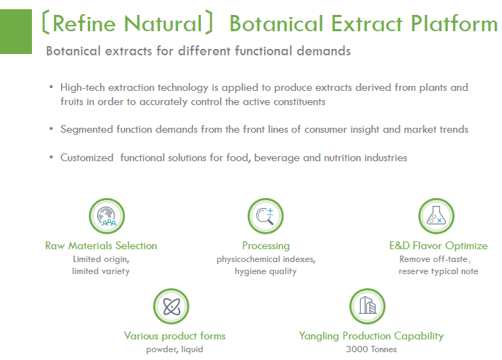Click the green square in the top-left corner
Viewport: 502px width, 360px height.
[x=16, y=27]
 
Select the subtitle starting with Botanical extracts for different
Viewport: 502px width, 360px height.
[x=198, y=52]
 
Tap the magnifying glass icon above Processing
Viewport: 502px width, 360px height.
[x=266, y=215]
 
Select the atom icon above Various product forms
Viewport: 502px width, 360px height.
[x=171, y=306]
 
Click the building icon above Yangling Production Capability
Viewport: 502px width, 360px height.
[x=367, y=306]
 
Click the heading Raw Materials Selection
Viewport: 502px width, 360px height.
[x=101, y=246]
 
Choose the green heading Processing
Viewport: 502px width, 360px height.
[x=266, y=246]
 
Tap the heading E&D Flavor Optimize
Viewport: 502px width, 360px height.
[x=438, y=246]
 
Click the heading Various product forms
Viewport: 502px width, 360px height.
[x=175, y=336]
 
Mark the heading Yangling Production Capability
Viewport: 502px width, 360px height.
[x=371, y=336]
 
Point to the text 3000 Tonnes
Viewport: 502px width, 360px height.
[x=371, y=349]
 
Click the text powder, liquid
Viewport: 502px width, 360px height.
[x=175, y=349]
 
